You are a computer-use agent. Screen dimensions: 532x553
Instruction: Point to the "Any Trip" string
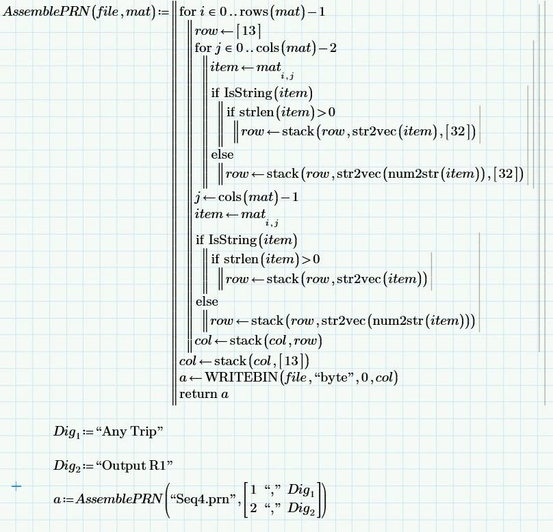130,431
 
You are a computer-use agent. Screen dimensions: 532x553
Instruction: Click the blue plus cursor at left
16,486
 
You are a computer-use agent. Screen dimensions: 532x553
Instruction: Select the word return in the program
194,394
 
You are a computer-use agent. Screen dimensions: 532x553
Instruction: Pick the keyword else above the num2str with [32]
222,155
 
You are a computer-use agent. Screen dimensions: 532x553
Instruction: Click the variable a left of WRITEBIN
183,377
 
